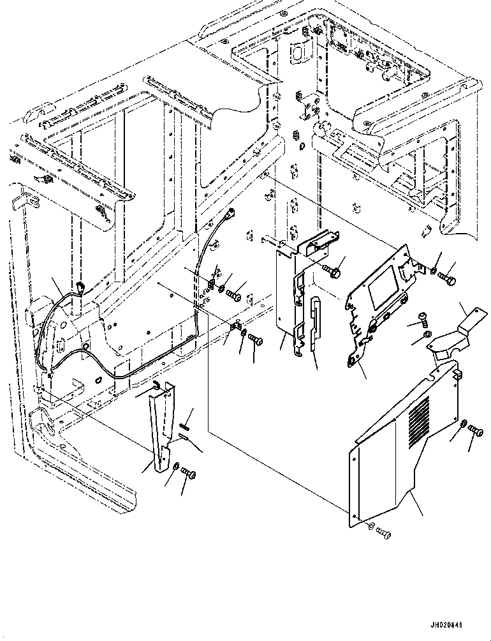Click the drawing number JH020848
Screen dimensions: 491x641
tap(446, 625)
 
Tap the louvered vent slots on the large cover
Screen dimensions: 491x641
tap(419, 421)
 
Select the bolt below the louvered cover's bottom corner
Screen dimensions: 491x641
tap(383, 533)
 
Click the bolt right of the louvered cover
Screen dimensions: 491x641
tap(476, 430)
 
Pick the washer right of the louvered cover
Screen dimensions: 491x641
tap(464, 424)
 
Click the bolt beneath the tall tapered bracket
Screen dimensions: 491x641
tap(188, 473)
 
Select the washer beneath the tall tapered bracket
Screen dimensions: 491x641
tap(176, 466)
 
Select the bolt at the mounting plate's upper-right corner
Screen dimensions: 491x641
tap(447, 279)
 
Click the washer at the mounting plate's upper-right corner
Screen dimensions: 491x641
tap(434, 270)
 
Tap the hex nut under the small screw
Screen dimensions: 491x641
tap(425, 335)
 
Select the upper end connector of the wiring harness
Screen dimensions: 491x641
tap(233, 213)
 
